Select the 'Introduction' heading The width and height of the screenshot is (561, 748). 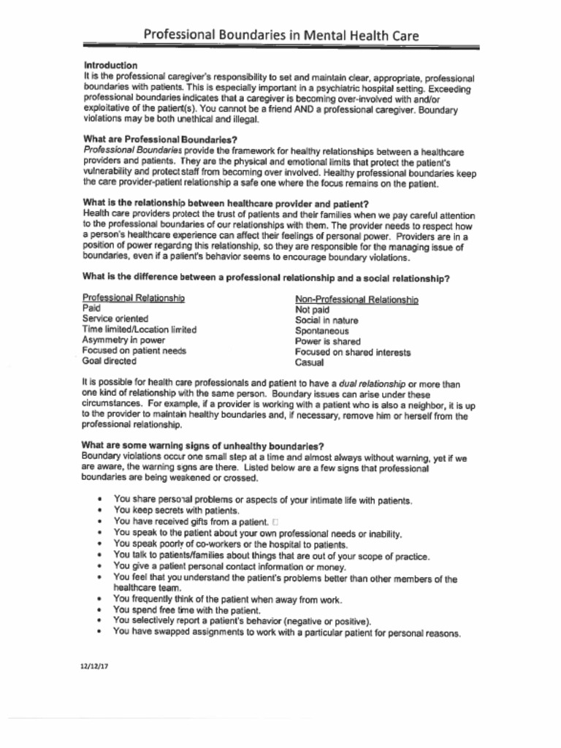(x=110, y=66)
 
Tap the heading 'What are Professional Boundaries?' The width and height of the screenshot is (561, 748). (x=160, y=139)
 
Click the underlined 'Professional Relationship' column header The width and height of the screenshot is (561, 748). (x=133, y=298)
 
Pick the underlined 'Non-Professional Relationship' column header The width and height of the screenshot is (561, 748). (x=356, y=299)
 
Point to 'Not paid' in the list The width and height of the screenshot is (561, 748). (x=312, y=310)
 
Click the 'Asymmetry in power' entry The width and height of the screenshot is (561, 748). (x=123, y=340)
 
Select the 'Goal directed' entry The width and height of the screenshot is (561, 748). (x=109, y=361)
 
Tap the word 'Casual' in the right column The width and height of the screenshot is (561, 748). (x=309, y=362)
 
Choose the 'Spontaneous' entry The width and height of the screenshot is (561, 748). (x=321, y=331)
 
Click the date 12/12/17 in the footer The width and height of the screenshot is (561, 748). (x=94, y=666)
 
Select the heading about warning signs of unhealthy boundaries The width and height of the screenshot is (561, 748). (x=203, y=446)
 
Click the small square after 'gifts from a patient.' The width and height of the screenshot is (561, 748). (x=275, y=522)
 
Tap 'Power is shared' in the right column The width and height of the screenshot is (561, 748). (x=327, y=341)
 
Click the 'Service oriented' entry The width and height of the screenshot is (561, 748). (x=115, y=319)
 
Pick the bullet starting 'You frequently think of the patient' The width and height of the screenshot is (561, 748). (x=227, y=599)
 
